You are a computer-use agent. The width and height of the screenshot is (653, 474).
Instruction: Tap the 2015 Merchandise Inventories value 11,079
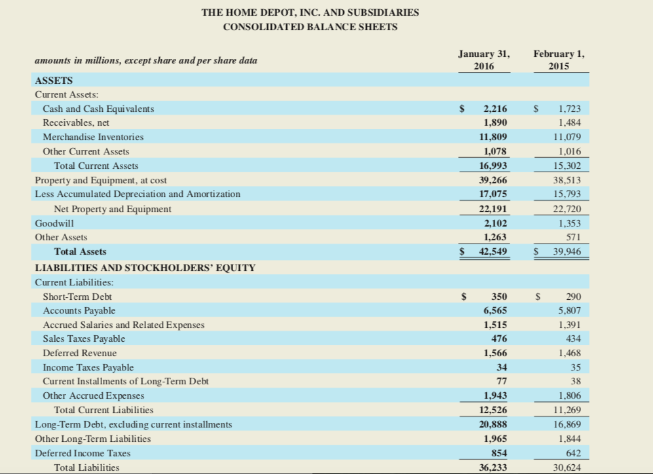pyautogui.click(x=567, y=137)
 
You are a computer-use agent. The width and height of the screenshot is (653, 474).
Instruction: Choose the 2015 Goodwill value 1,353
pyautogui.click(x=570, y=223)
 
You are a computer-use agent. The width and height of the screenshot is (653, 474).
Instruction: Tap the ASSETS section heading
pyautogui.click(x=54, y=81)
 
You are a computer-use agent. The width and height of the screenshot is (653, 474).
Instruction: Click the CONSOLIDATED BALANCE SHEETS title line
pyautogui.click(x=310, y=27)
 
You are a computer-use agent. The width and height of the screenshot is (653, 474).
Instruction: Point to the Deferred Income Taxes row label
pyautogui.click(x=83, y=453)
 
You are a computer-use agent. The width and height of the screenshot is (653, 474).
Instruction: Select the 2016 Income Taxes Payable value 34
pyautogui.click(x=502, y=367)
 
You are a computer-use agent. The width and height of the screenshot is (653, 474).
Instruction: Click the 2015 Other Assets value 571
pyautogui.click(x=574, y=237)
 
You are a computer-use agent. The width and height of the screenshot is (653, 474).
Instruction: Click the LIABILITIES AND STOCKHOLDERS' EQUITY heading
pyautogui.click(x=145, y=267)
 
